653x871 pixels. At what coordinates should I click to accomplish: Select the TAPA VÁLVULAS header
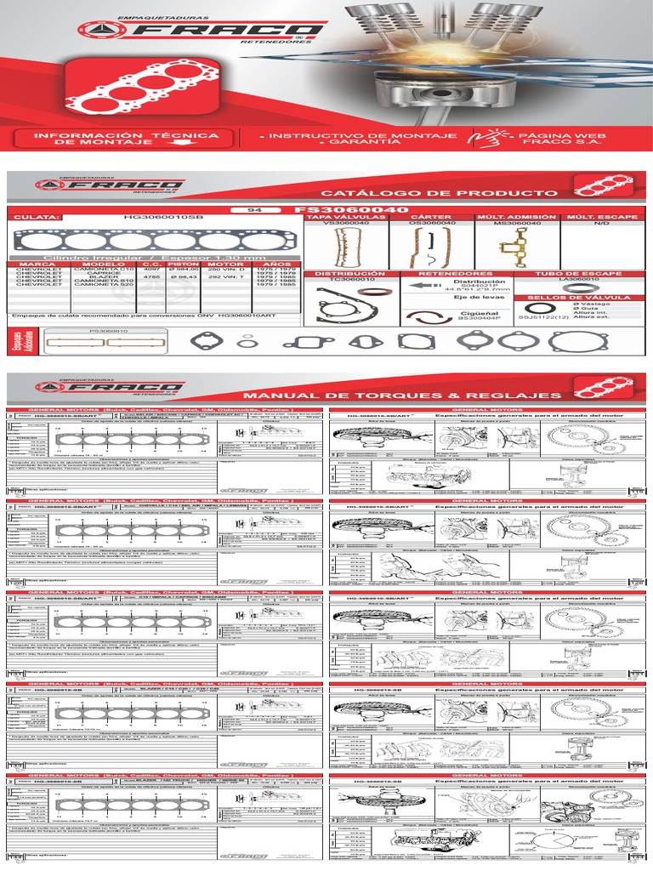pyautogui.click(x=338, y=218)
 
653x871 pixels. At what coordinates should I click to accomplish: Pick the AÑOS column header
pyautogui.click(x=275, y=264)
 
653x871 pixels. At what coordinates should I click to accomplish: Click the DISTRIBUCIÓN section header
pyautogui.click(x=345, y=274)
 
